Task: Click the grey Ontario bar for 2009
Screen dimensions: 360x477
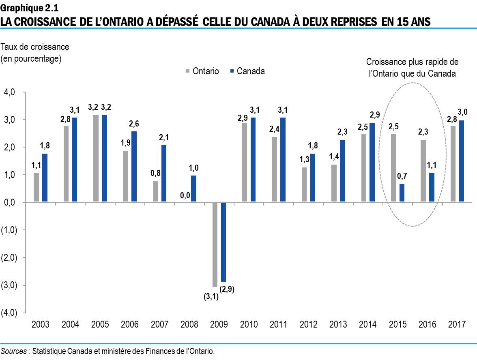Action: point(215,244)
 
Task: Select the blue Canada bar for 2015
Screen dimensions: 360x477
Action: point(402,193)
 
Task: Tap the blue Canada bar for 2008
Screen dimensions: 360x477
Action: point(193,189)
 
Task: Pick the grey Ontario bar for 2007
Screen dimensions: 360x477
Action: point(156,191)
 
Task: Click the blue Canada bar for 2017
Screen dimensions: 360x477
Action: point(461,161)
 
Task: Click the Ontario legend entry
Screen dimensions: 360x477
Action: point(202,71)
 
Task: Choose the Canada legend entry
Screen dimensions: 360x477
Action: point(247,71)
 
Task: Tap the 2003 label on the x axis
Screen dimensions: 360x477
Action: point(40,325)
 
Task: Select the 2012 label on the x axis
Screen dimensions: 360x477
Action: point(308,325)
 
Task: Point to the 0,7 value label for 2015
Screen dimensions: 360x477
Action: point(402,177)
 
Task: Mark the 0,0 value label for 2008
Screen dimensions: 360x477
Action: point(185,196)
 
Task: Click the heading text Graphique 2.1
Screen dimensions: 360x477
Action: point(27,6)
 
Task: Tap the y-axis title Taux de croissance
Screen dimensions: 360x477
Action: point(35,47)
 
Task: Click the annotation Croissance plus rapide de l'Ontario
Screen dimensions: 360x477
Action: point(412,68)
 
